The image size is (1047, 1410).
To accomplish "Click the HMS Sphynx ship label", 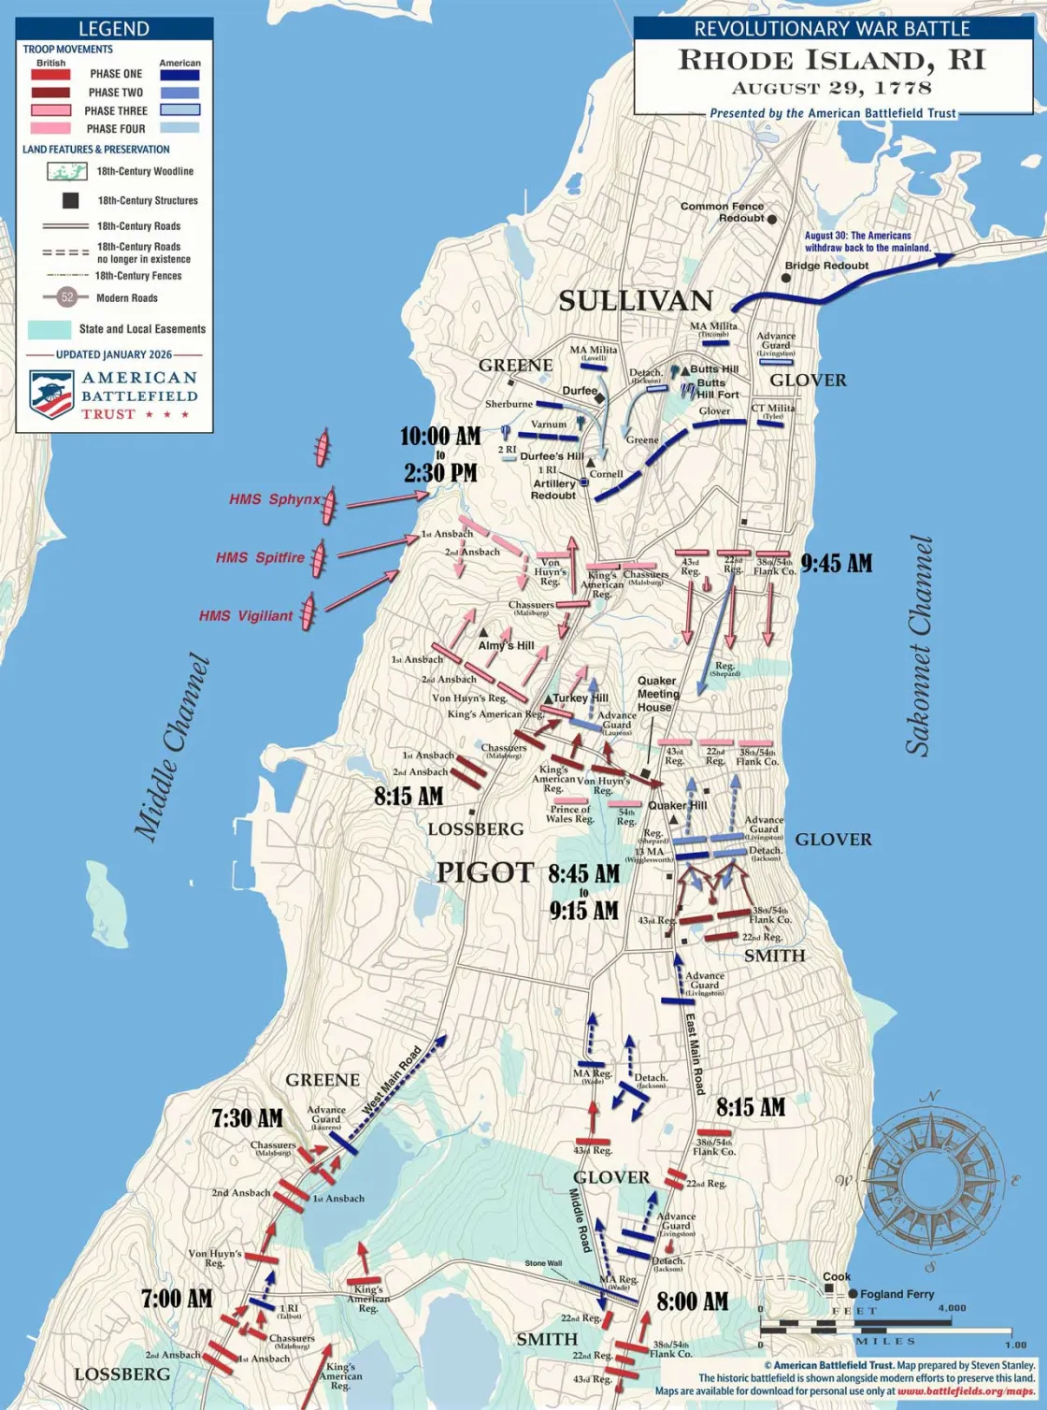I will (x=274, y=499).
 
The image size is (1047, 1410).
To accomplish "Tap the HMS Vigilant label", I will (x=246, y=616).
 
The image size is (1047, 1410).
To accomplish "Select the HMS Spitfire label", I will (x=260, y=557).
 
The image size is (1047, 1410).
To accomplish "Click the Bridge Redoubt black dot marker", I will (x=786, y=278).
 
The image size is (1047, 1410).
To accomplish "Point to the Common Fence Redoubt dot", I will (x=772, y=219).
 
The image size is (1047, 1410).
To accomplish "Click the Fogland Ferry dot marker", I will (x=853, y=1294).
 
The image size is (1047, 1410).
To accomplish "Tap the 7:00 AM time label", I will (x=177, y=1299).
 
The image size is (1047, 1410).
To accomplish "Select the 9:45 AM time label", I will (x=837, y=563).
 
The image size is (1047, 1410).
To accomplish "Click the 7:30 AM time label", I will (x=247, y=1118).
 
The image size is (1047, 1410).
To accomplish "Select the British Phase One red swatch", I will (x=50, y=74).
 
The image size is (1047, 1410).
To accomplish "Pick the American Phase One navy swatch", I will (x=179, y=75).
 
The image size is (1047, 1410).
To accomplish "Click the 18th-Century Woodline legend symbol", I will (x=67, y=171).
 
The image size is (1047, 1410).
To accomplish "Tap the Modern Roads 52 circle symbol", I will (x=66, y=297).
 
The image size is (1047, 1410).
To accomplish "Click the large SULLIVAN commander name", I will (x=636, y=300).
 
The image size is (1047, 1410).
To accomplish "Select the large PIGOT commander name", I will (x=484, y=873).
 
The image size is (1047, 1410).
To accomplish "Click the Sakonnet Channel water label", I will (x=920, y=645).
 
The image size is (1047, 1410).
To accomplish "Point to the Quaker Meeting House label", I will (x=657, y=694).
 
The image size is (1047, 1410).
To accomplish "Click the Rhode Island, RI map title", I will (x=831, y=60).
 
